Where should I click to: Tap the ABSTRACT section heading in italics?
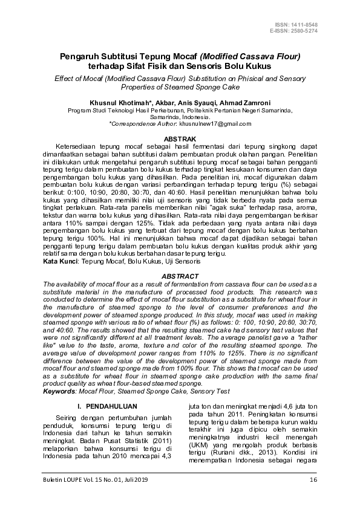tap(180, 276)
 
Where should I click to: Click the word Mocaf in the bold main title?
tap(163, 56)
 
